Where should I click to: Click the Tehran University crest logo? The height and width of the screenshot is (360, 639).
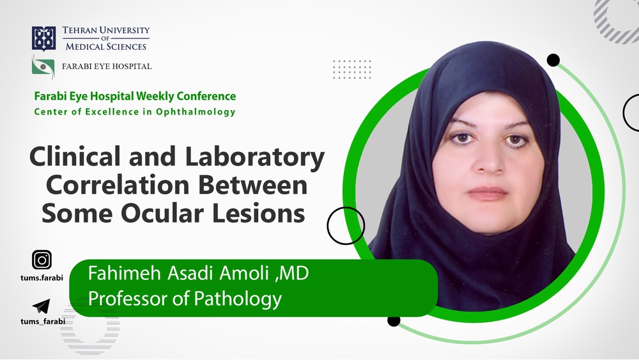tap(43, 38)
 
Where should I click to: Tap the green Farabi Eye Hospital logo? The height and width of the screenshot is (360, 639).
tap(43, 66)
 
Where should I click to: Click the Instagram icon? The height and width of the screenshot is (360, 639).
tap(42, 260)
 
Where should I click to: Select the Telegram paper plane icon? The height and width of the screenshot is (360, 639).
tap(41, 306)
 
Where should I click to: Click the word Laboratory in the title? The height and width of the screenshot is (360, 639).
tap(255, 157)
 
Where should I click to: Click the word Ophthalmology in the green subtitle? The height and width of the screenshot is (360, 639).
tap(196, 112)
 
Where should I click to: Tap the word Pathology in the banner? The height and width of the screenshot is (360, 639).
tap(238, 299)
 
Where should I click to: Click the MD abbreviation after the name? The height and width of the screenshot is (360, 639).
tap(294, 274)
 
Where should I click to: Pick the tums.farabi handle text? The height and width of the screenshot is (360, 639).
tap(42, 278)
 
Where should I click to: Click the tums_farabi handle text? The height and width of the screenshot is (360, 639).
tap(43, 322)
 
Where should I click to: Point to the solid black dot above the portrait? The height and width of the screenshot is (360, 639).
tap(553, 60)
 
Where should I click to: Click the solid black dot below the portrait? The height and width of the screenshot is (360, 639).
tap(394, 320)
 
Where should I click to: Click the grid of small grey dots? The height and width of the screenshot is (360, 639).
tap(352, 69)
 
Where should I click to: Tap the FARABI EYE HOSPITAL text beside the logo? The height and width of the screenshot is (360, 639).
tap(107, 67)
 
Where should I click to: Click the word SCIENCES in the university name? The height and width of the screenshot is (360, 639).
tap(126, 47)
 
